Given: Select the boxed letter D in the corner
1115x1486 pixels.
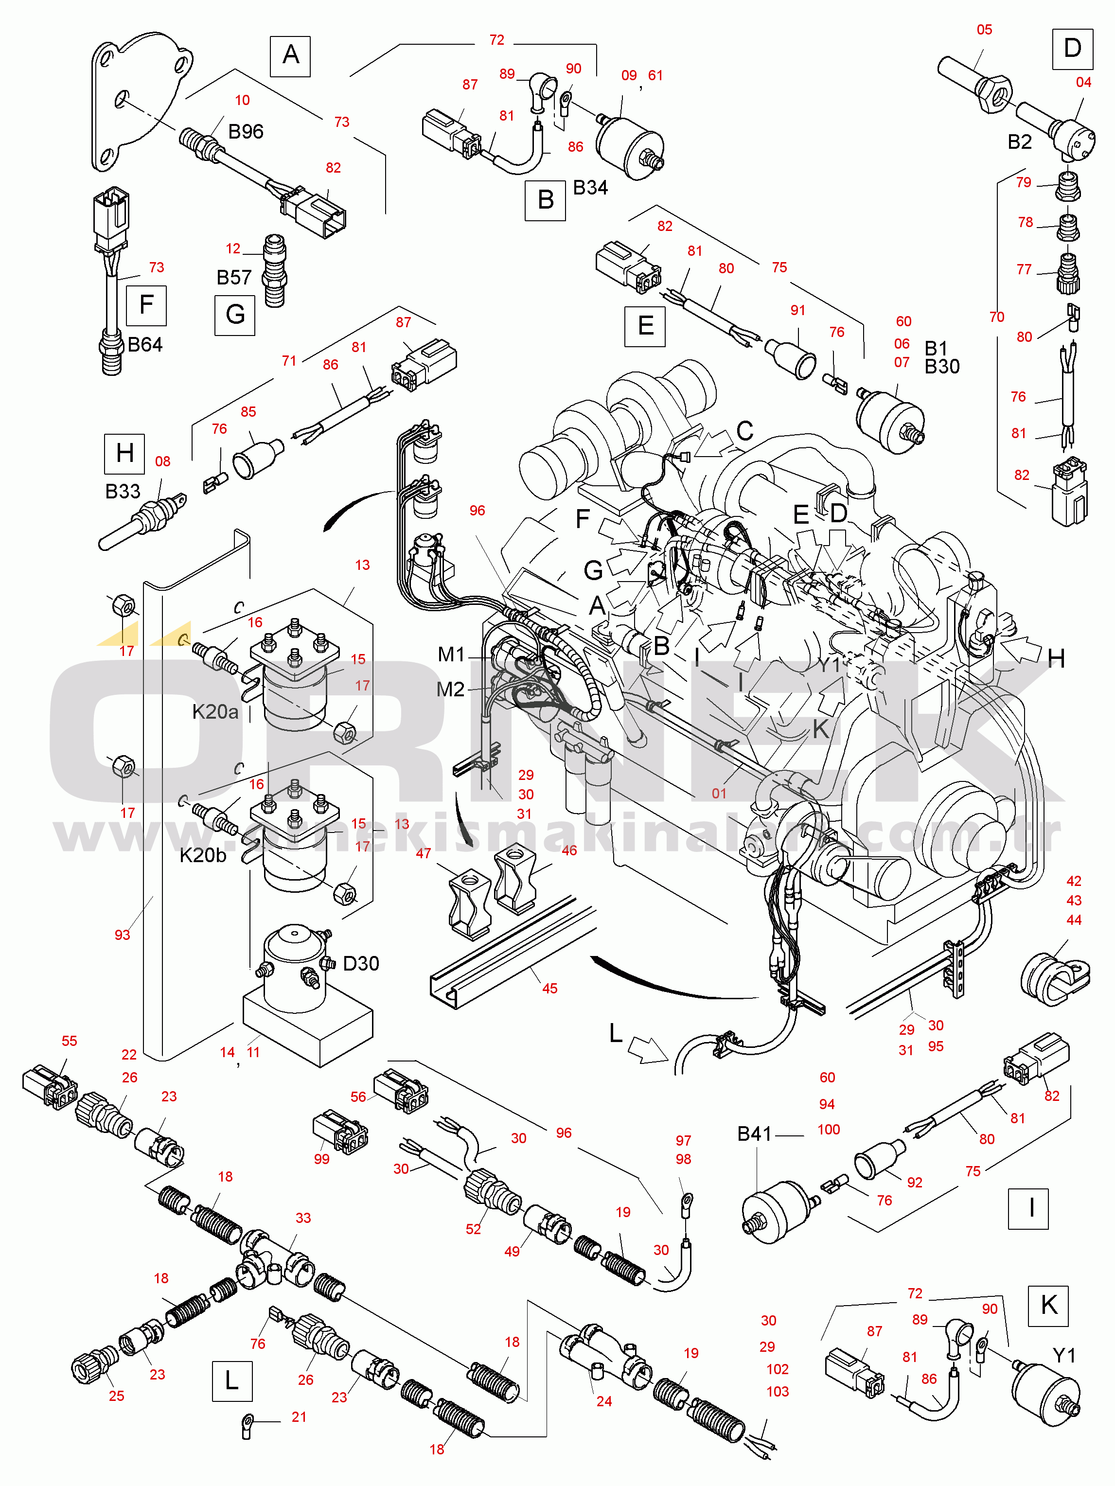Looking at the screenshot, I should click(x=1072, y=49).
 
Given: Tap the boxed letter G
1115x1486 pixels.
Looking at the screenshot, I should click(x=235, y=315).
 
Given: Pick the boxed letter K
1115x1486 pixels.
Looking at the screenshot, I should click(x=1048, y=1305).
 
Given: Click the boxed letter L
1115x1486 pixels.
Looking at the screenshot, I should click(x=232, y=1381).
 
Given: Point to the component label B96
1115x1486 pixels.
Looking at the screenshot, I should click(x=246, y=132).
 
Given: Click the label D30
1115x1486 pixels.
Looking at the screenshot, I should click(x=361, y=963).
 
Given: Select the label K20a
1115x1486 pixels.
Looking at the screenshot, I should click(x=215, y=711).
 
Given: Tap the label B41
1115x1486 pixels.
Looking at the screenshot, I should click(x=754, y=1134).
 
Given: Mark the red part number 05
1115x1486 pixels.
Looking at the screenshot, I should click(x=984, y=30).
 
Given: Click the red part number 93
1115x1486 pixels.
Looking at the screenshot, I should click(x=122, y=935).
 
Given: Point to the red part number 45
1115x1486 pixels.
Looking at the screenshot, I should click(x=549, y=988).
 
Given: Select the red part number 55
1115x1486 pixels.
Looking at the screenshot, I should click(x=69, y=1041).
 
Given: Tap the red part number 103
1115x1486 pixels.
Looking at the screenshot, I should click(x=778, y=1391).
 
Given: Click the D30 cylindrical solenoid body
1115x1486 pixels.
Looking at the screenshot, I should click(x=294, y=967).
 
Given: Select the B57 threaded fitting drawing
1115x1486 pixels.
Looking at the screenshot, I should click(x=274, y=271).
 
